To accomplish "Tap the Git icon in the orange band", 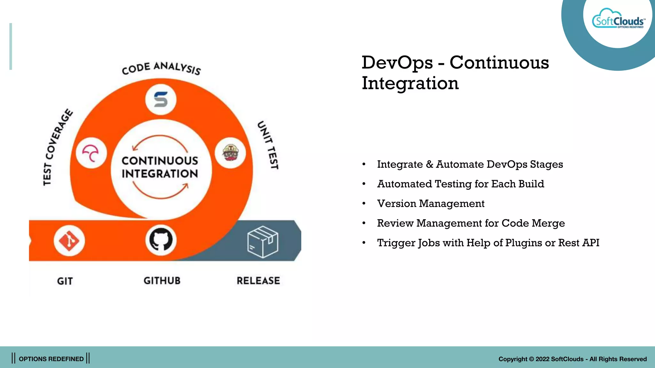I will point(69,241).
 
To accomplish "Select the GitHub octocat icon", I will point(161,240).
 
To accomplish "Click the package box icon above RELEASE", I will point(263,242).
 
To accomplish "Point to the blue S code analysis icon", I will point(161,100).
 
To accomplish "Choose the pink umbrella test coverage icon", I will point(91,153).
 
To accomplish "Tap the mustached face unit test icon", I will point(231,153).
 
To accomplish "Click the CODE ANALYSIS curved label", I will point(161,68).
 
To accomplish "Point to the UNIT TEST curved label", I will point(268,145).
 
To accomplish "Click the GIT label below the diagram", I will point(65,281).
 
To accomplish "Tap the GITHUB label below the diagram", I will point(162,280).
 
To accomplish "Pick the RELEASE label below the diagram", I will point(258,280).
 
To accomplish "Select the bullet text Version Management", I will point(430,203).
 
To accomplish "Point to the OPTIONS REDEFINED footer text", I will point(51,359).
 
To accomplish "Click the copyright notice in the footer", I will point(572,359).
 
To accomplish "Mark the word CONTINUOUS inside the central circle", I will point(160,160).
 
